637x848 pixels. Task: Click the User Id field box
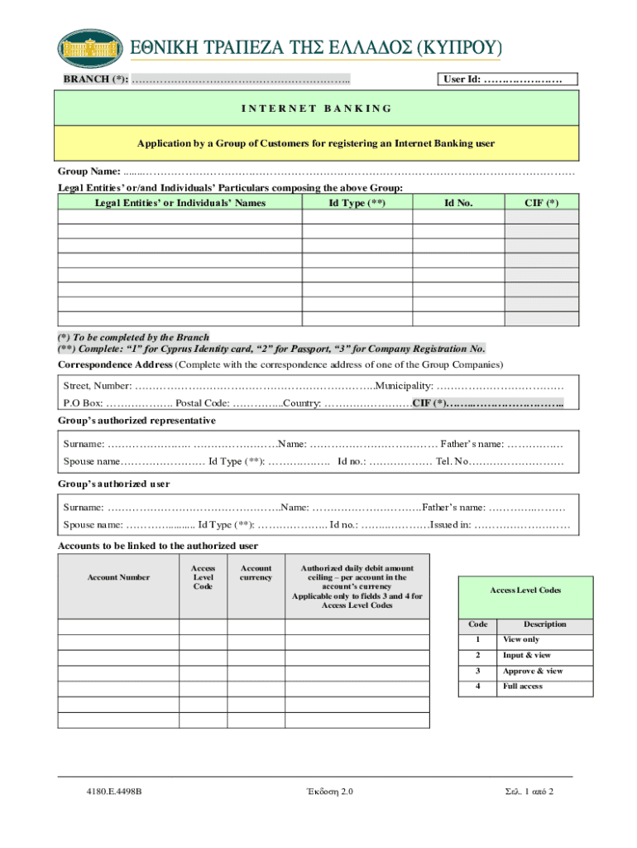[506, 79]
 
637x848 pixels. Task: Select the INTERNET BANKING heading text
[317, 108]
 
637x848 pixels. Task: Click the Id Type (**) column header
[357, 202]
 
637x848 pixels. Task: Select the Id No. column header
[458, 202]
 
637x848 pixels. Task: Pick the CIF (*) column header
[542, 202]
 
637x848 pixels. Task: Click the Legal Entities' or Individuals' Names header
[180, 202]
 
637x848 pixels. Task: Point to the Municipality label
[405, 386]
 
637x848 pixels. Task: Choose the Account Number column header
[118, 577]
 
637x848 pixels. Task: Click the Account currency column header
[256, 573]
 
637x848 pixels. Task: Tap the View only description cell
[520, 639]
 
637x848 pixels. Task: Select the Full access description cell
[522, 686]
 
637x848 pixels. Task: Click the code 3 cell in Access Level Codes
[477, 671]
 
